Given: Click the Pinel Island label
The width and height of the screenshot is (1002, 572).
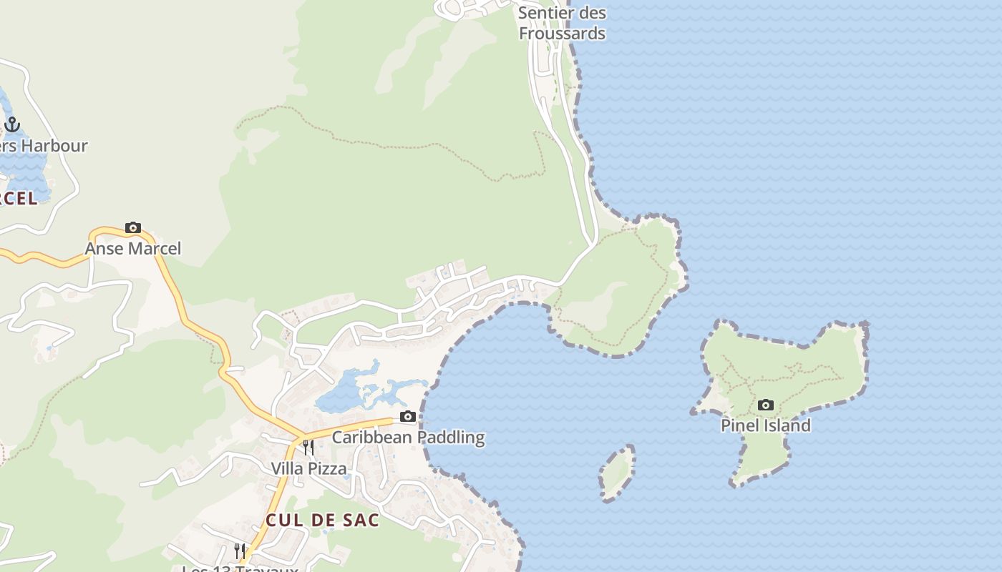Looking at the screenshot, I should (765, 425).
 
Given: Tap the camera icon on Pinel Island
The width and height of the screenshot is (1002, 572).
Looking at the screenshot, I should (766, 405).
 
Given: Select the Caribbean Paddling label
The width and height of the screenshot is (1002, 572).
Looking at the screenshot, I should (408, 437).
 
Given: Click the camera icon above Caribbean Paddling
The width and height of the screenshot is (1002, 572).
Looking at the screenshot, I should (408, 416).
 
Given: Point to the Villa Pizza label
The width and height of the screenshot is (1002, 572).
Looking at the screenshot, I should (308, 468).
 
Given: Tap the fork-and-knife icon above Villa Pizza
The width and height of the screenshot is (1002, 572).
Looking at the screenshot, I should (308, 448).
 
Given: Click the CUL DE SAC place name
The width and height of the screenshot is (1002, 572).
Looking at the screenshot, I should (322, 520).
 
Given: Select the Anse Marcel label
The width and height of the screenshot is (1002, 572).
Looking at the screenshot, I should (133, 248).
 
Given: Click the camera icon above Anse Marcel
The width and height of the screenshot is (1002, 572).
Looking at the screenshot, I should (133, 228).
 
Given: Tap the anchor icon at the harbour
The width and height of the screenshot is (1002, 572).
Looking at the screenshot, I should (12, 124).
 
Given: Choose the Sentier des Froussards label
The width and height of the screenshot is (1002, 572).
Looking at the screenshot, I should (562, 23).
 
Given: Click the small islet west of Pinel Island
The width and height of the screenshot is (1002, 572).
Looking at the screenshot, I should (616, 473).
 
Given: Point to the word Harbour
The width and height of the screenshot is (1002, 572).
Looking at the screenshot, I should (54, 146).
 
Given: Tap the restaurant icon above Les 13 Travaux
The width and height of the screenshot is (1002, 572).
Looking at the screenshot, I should (240, 551).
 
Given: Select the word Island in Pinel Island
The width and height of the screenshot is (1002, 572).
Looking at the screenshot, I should (786, 425).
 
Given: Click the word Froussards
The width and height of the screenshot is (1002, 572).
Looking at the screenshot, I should (562, 34).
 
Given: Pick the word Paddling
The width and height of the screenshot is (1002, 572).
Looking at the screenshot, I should (451, 437).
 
